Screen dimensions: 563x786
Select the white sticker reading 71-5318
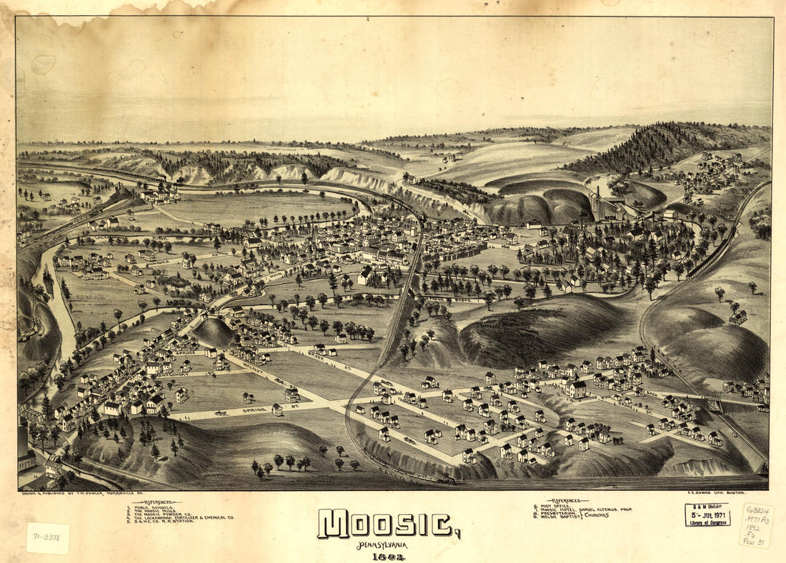point(48,538)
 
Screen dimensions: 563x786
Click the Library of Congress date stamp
point(707,514)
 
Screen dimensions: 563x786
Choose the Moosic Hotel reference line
point(586,509)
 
